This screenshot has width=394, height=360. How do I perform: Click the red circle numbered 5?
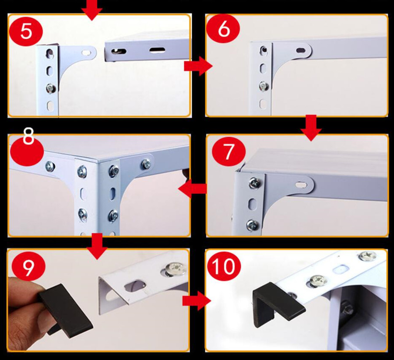coord(26,31)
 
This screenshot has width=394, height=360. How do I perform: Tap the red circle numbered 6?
coord(223,29)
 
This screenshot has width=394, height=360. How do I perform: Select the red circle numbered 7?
coord(229,152)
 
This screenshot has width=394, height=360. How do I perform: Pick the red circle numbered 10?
coord(223,267)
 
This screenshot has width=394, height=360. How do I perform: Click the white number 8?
coord(28,136)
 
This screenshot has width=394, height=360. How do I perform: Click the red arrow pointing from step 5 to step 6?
coord(198,66)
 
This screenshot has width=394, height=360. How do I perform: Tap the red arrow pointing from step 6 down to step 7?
coord(311,128)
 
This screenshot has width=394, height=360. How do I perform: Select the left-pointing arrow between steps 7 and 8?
coord(192,189)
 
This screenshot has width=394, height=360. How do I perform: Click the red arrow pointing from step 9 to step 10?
coord(197,301)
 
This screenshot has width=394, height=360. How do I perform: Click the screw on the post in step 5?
coord(51,88)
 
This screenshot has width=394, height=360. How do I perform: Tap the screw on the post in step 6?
coord(264,86)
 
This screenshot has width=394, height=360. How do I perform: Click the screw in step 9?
coord(176,269)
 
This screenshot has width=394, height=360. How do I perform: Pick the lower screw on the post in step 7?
coord(252,224)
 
